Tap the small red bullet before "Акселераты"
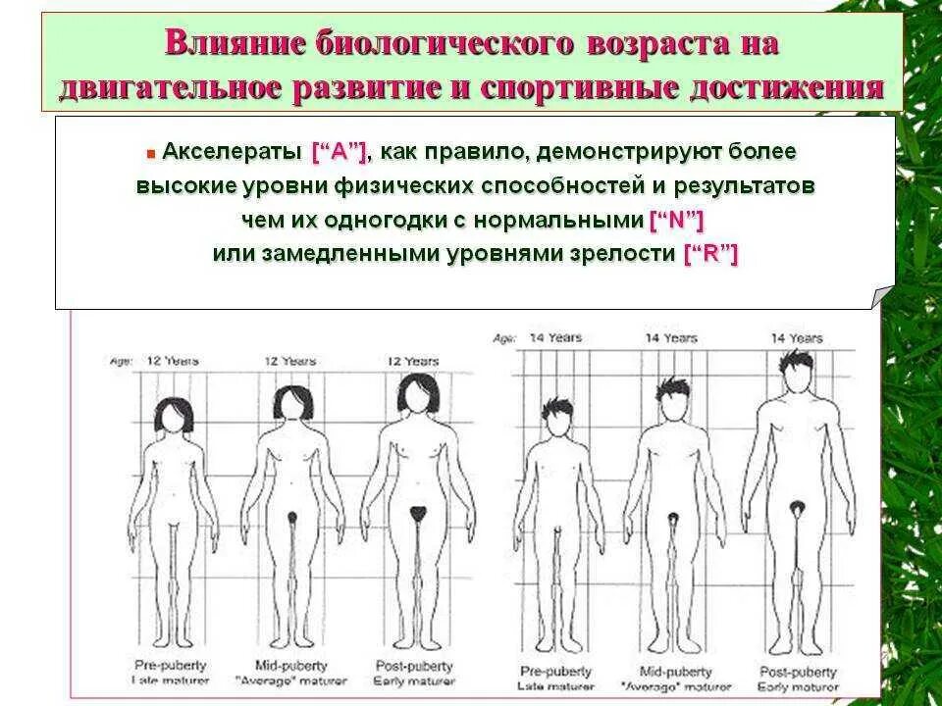(x=151, y=155)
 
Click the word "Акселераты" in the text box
(x=232, y=153)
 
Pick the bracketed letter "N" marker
(x=677, y=219)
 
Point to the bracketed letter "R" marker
(x=710, y=253)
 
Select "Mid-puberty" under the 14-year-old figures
(x=669, y=673)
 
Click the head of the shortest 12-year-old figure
(x=178, y=415)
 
